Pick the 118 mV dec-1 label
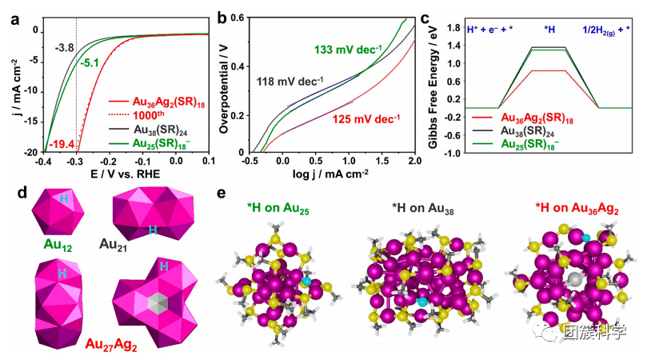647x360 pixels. pos(290,81)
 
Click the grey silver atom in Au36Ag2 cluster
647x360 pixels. pos(574,279)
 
